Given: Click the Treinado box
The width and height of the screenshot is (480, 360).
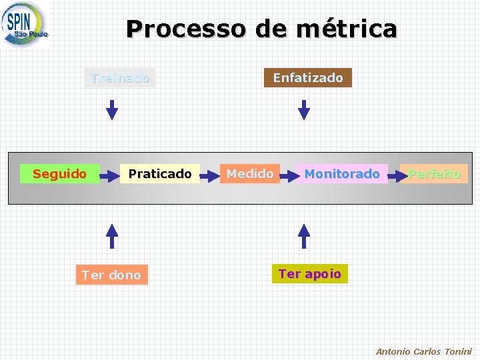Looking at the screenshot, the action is (x=120, y=78).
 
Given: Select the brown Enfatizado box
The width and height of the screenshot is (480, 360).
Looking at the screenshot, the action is (x=308, y=78).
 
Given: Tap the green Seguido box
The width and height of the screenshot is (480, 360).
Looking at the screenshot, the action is (x=60, y=174).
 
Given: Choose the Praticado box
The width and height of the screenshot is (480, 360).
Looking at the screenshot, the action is (x=160, y=174).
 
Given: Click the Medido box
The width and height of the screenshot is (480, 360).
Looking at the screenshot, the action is (x=249, y=174).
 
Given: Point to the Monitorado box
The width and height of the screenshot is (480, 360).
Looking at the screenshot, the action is (x=342, y=174).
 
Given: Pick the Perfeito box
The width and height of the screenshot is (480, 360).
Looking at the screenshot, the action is (x=435, y=174).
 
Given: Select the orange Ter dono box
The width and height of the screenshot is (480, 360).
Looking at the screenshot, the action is (x=111, y=275).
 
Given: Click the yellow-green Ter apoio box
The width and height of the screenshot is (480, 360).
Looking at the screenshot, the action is (x=309, y=273).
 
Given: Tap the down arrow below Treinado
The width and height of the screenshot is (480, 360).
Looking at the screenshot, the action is (x=112, y=109).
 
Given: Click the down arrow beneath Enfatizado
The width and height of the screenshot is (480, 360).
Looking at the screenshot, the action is (x=304, y=109).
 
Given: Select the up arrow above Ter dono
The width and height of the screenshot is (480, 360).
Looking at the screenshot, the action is (x=112, y=235).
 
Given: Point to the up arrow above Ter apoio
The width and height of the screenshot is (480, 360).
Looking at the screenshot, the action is (x=304, y=235).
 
